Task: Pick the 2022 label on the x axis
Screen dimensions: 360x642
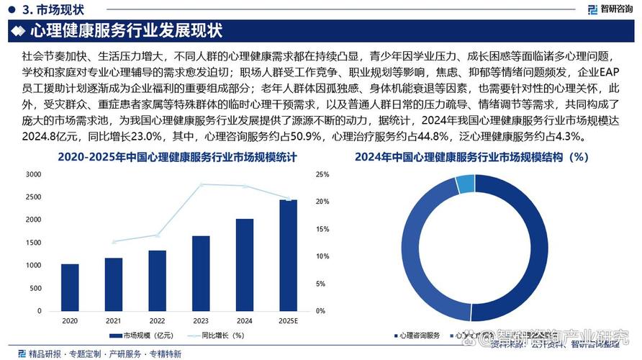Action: click(x=157, y=320)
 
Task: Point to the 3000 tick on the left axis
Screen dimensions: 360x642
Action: click(x=33, y=174)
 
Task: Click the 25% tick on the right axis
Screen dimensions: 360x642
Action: click(x=322, y=174)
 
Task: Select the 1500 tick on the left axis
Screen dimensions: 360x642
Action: click(x=33, y=243)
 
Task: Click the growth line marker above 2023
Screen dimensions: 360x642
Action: click(x=201, y=184)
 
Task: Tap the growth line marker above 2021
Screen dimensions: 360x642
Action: click(x=114, y=242)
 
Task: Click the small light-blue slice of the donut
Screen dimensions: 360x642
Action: click(x=466, y=184)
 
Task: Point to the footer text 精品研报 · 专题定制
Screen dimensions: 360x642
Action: click(x=65, y=354)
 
